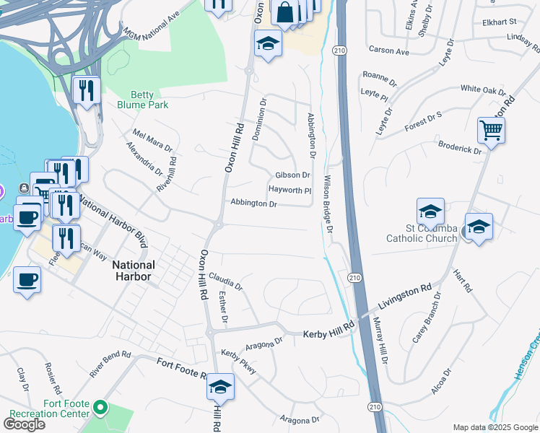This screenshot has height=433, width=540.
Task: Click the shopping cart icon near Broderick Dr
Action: coord(491,131)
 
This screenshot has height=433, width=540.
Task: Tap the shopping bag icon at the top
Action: coord(285,12)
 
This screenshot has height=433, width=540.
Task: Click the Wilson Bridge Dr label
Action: coord(328,204)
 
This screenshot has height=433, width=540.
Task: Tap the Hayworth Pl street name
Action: coord(289,191)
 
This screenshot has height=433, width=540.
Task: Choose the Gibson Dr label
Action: coord(292,175)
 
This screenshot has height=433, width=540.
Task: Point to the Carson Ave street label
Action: coord(388,51)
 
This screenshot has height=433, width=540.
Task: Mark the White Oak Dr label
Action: coord(483,90)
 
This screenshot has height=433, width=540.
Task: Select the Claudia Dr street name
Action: coord(226,281)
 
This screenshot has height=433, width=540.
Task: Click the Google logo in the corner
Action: coord(24,424)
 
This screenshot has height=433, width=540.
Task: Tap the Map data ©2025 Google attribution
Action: coord(495,427)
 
